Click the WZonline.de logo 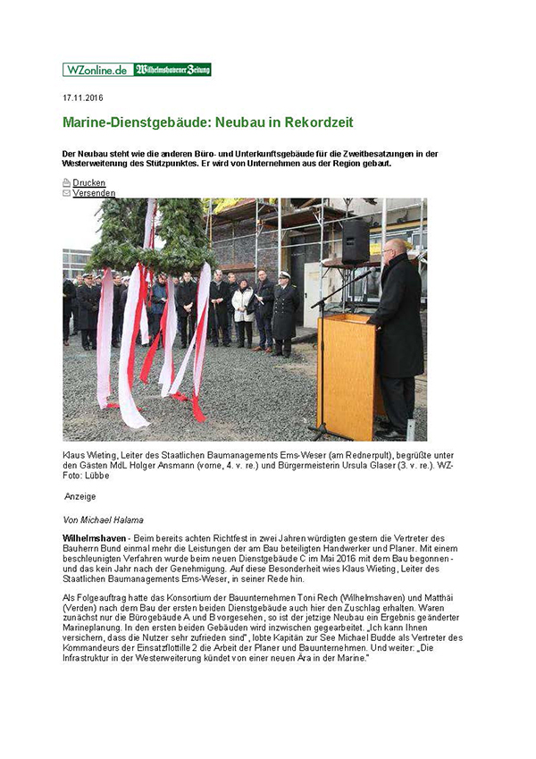click(x=97, y=70)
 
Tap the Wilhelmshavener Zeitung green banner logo click(x=172, y=70)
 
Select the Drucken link click(x=88, y=182)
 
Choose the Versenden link click(x=94, y=192)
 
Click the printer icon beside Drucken click(x=67, y=182)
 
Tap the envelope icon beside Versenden click(x=67, y=192)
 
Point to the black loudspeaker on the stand click(x=356, y=241)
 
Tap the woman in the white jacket click(x=243, y=308)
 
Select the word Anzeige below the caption click(x=80, y=496)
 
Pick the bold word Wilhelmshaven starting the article click(x=93, y=538)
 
